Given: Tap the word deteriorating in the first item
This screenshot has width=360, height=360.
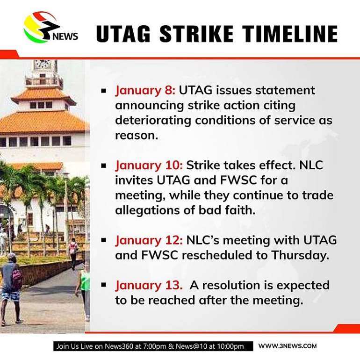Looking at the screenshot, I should click(x=153, y=120).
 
